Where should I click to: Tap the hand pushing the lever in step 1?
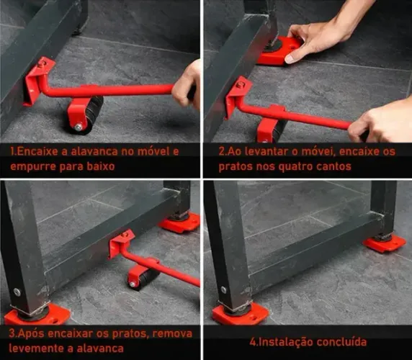coord(189,83)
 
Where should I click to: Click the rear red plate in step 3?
coord(179,222)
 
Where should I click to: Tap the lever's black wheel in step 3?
coord(143,276)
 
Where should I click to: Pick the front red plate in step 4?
coord(240,314)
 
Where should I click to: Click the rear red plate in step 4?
coord(385,243)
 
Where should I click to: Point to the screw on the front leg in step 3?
coord(17,292)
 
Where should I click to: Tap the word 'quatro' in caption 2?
coord(318,167)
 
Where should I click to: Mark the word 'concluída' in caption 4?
coord(341,341)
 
